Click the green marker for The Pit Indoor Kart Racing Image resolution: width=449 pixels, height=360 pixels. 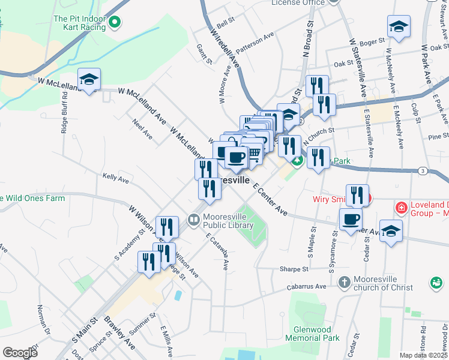pyautogui.click(x=115, y=23)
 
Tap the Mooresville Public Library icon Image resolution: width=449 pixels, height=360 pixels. pyautogui.click(x=193, y=220)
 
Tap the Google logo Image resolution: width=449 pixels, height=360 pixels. pyautogui.click(x=20, y=353)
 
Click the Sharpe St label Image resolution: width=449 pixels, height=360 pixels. pyautogui.click(x=294, y=269)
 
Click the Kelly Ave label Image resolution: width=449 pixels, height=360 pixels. pyautogui.click(x=116, y=178)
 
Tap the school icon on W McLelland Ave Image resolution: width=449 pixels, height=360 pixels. pyautogui.click(x=89, y=79)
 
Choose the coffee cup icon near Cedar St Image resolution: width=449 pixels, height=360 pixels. pyautogui.click(x=351, y=219)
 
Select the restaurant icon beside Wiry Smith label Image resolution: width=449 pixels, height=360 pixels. pyautogui.click(x=357, y=195)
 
